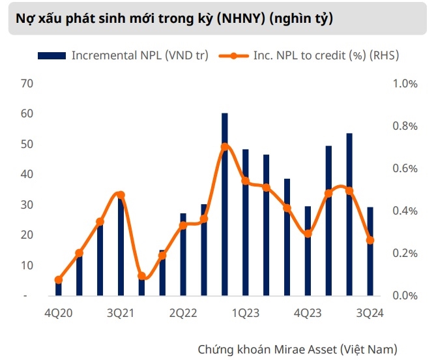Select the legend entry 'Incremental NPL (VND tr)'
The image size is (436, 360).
139,55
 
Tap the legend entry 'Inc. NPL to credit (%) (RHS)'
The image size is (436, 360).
317,55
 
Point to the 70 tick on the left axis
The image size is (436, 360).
27,83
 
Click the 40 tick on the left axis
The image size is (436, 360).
27,174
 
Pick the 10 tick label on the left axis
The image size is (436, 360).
27,265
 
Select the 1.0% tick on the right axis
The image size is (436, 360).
404,83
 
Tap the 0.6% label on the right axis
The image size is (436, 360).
404,168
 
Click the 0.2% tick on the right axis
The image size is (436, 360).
404,253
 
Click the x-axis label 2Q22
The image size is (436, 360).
183,313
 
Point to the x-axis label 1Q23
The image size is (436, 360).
246,313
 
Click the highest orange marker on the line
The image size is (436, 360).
225,147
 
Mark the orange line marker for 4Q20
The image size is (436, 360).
59,280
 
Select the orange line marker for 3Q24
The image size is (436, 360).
370,241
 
